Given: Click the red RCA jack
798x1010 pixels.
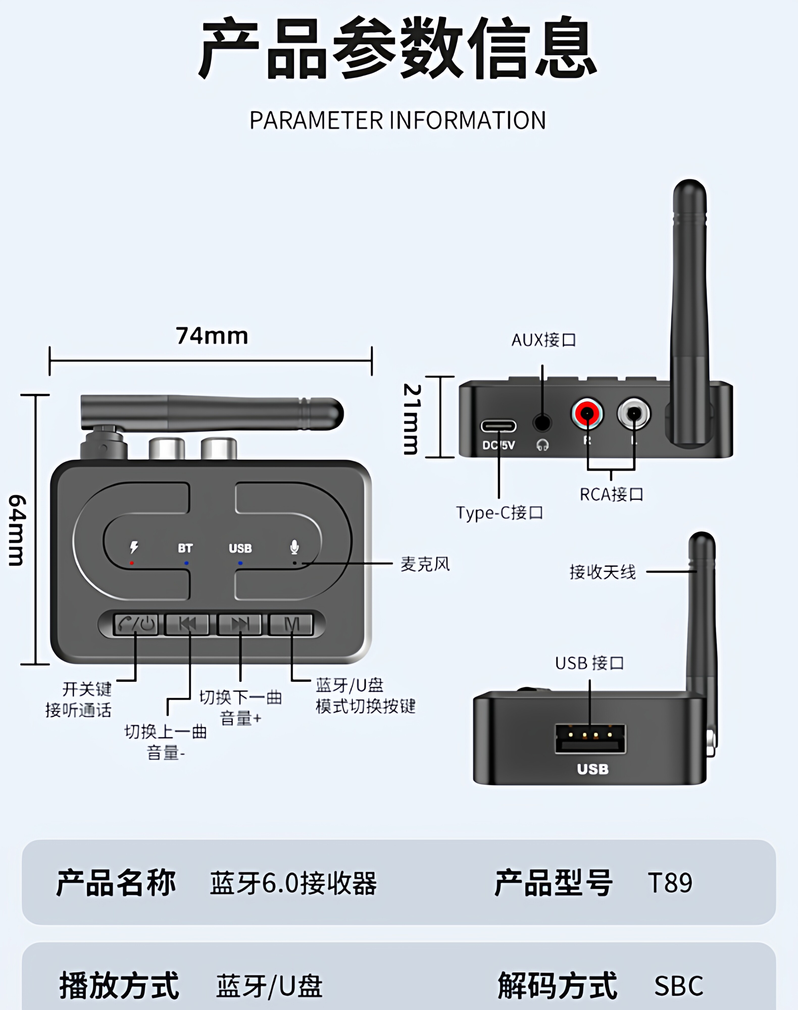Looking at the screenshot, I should (586, 413).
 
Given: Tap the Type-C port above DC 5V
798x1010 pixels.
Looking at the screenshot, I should (498, 426).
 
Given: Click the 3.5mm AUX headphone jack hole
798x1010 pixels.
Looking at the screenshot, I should (542, 423).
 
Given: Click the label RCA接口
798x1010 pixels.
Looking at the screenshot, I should (611, 494).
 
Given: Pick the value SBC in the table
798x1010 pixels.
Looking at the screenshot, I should (678, 986).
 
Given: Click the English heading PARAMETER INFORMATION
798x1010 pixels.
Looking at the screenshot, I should (397, 120).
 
